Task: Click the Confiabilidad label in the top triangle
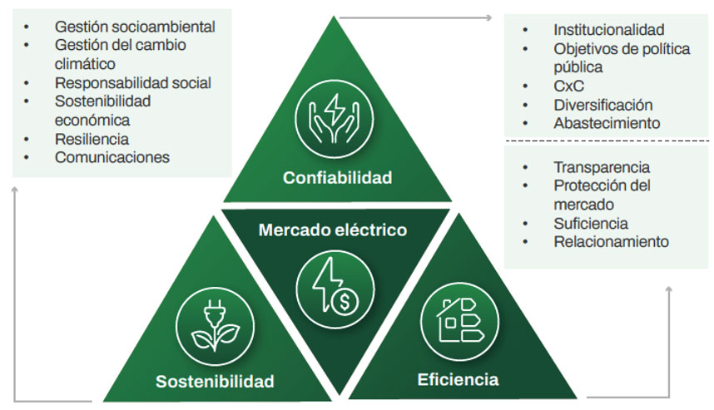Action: point(337,178)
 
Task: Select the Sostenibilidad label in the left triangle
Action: point(215,382)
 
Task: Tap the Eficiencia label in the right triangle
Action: point(458,380)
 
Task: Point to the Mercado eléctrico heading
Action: point(333,230)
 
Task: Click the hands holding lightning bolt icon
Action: point(337,121)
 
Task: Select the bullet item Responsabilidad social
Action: point(132,83)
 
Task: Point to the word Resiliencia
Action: point(92,139)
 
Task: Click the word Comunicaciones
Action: point(112,156)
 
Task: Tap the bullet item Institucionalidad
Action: point(609,30)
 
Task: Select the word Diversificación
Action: point(602,105)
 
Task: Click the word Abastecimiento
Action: point(607,123)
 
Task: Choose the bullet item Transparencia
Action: point(602,167)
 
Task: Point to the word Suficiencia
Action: point(591,224)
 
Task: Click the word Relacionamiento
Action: point(611,242)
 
